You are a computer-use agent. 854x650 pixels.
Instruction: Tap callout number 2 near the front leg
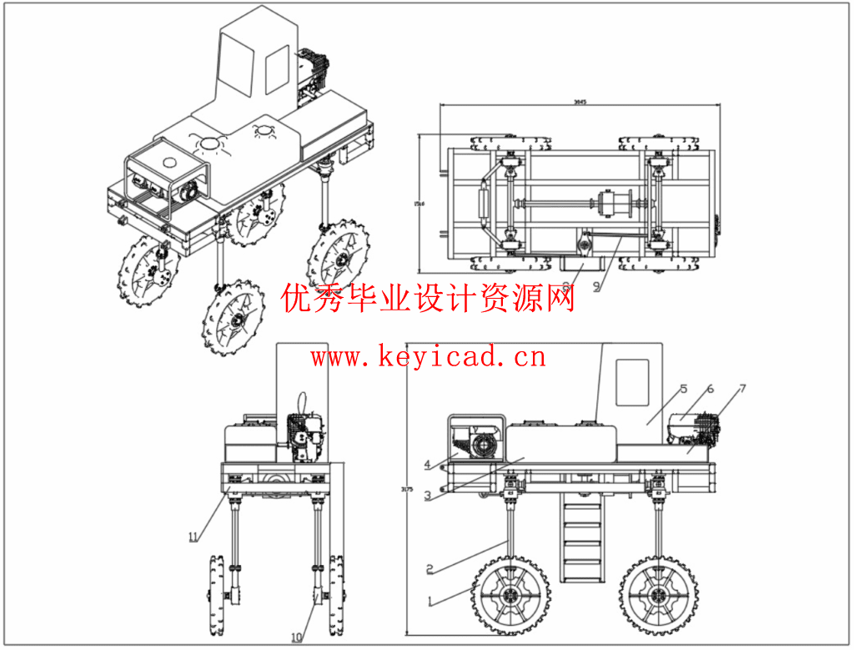point(430,570)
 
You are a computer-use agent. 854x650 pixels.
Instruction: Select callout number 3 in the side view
point(427,496)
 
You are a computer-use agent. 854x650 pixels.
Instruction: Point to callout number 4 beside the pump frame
point(426,465)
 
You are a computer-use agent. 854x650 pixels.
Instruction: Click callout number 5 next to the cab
point(682,390)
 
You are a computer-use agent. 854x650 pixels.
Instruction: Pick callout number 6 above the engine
point(711,390)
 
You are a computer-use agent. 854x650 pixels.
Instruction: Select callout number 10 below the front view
point(296,637)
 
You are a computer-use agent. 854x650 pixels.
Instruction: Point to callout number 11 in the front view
point(193,537)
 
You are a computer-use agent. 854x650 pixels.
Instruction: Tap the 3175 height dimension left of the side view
point(407,489)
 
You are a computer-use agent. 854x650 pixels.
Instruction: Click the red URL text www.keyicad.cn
point(428,358)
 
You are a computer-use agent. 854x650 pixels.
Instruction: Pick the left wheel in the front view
point(214,595)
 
